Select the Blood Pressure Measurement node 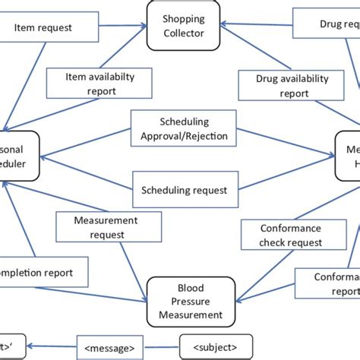pyautogui.click(x=185, y=301)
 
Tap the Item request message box pyautogui.click(x=43, y=28)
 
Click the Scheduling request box pyautogui.click(x=185, y=190)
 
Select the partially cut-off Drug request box pyautogui.click(x=326, y=24)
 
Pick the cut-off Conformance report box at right pyautogui.click(x=327, y=283)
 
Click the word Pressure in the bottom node pyautogui.click(x=185, y=301)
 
